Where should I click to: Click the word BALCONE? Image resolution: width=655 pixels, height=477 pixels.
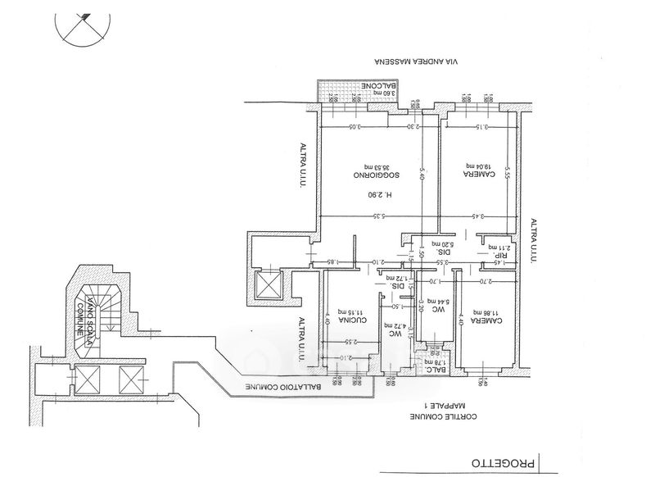pos(382,84)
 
